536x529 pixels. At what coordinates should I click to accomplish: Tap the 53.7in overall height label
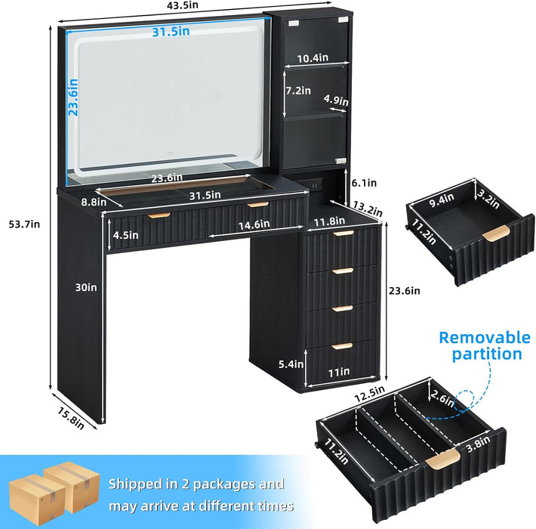[x=24, y=224]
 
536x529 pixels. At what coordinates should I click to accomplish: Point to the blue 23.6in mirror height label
[x=73, y=97]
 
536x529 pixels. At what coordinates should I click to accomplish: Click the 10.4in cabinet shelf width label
[x=313, y=58]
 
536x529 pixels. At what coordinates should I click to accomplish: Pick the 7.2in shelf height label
[x=298, y=91]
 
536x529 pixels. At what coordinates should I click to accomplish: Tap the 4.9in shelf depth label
[x=336, y=101]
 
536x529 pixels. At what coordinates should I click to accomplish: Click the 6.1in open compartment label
[x=364, y=183]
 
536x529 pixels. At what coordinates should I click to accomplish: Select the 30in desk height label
[x=86, y=287]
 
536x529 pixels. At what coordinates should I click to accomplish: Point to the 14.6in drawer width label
[x=254, y=225]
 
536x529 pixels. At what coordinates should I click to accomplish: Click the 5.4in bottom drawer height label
[x=291, y=364]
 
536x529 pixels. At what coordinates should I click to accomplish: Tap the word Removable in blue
[x=485, y=337]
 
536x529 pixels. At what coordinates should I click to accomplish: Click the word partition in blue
[x=487, y=354]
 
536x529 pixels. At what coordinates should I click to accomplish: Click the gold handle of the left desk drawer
[x=159, y=215]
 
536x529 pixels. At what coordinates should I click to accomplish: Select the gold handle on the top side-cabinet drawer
[x=343, y=233]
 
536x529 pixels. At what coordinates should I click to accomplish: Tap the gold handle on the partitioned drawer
[x=442, y=457]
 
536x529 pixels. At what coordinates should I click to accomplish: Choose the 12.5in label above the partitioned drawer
[x=369, y=394]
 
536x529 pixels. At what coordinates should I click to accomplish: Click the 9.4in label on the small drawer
[x=442, y=200]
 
